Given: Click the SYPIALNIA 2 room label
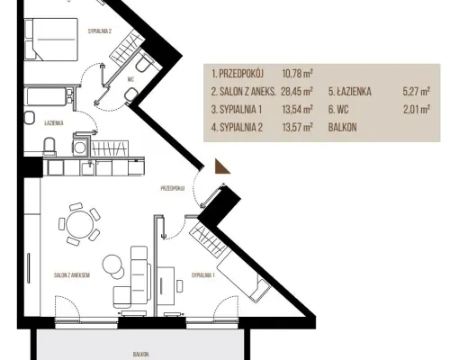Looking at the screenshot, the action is point(100,31).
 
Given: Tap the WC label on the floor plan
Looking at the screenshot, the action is point(130,79).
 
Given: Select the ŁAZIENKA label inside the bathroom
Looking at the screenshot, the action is point(54,123).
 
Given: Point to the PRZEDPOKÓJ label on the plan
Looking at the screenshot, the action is point(173,188).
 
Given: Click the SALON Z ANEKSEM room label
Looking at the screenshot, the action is point(72,275).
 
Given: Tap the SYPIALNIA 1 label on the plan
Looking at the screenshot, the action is point(203,274).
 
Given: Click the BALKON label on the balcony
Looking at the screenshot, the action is point(140,355).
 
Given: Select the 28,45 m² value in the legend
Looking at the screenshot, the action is point(297,91).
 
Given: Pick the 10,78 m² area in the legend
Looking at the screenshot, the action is point(298,73).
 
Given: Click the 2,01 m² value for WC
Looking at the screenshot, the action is point(417,110).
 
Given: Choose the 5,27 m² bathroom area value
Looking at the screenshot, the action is point(417,92).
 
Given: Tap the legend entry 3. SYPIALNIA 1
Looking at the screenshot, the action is point(237,110).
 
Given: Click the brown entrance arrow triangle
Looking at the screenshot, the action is point(221,168).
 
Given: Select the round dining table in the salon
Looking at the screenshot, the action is point(79,224).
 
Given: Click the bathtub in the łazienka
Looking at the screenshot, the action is point(47,96).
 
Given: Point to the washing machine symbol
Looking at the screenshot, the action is point(80,148).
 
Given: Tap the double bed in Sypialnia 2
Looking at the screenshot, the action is point(51,40).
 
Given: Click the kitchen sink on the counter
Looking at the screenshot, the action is point(88,168).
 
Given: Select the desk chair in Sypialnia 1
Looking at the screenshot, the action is point(179,285).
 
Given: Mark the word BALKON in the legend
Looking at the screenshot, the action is point(342,128).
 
